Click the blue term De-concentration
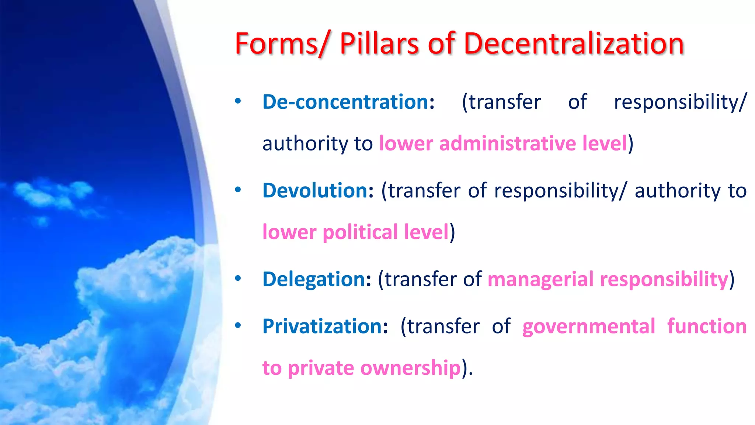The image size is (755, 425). click(x=345, y=102)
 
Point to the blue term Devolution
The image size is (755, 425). click(x=315, y=190)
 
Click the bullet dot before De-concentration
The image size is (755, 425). click(x=238, y=101)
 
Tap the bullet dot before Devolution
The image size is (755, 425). click(x=238, y=190)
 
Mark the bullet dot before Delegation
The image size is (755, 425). click(x=238, y=278)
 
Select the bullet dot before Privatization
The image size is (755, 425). click(x=238, y=325)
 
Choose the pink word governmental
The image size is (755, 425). click(x=589, y=326)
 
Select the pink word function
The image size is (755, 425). click(x=707, y=326)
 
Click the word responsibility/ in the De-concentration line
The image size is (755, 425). click(x=680, y=102)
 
